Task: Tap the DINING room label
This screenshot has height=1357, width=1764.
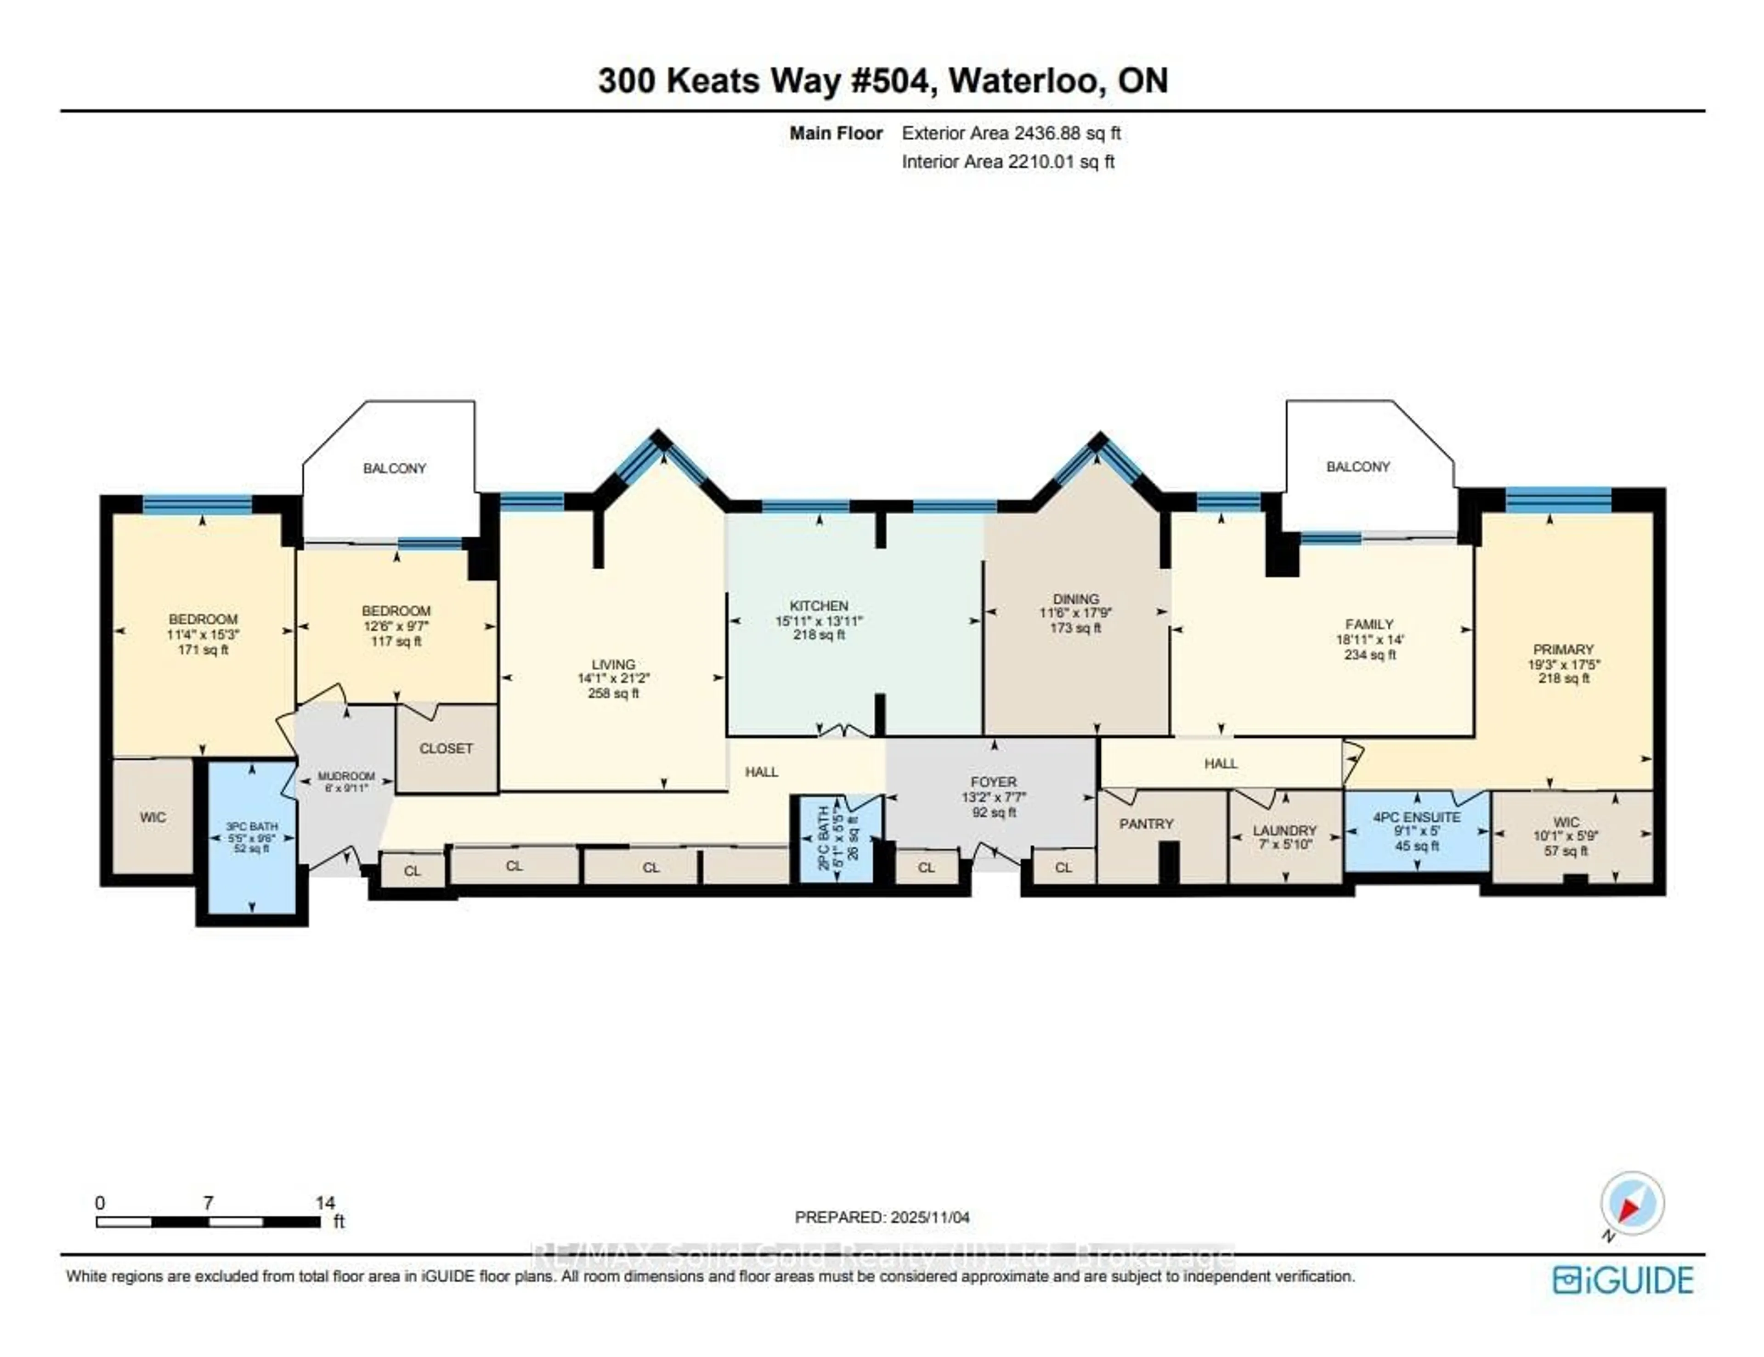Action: (1075, 599)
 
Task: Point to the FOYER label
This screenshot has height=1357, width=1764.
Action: (994, 781)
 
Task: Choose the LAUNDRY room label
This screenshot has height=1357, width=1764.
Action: (1284, 830)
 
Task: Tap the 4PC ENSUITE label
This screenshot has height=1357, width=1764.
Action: (1417, 817)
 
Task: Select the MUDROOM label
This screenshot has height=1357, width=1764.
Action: (346, 776)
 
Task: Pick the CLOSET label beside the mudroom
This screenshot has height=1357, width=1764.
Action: (446, 748)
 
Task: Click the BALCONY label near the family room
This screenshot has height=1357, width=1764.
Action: (1358, 466)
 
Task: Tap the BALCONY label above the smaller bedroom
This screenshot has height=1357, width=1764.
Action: (394, 468)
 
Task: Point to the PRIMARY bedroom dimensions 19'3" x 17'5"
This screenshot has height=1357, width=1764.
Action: (1564, 664)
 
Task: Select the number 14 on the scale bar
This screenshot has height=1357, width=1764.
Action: (325, 1203)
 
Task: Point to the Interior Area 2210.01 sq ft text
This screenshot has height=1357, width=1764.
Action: (1007, 162)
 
